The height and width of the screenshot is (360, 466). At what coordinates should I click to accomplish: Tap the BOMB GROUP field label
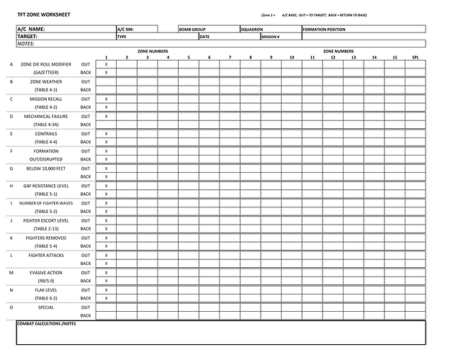coord(193,30)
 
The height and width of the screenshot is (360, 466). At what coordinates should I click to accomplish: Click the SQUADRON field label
coord(252,30)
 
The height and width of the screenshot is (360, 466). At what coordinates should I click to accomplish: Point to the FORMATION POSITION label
coord(324,30)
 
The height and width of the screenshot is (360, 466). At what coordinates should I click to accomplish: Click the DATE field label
coord(205,37)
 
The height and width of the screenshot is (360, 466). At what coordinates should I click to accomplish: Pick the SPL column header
coord(415,57)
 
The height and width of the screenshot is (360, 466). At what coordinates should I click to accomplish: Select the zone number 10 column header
coord(292,57)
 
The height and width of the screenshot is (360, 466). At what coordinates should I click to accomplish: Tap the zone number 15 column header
coord(394,57)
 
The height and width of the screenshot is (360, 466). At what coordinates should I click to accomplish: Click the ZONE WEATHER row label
coord(45,81)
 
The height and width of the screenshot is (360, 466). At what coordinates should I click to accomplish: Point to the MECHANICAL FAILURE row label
coord(45,116)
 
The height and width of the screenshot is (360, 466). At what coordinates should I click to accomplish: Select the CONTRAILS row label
coord(45,133)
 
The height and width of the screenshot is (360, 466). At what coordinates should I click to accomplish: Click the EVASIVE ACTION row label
coord(45,272)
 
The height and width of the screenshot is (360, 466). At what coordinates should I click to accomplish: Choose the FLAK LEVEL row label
coord(45,289)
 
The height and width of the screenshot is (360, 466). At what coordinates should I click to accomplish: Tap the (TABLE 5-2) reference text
coord(45,211)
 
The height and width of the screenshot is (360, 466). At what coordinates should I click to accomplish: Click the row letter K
coord(11,238)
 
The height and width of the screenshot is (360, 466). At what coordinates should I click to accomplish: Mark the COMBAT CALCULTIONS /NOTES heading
coord(46,324)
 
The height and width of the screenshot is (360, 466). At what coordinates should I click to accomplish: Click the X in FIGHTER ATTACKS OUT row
coord(106,255)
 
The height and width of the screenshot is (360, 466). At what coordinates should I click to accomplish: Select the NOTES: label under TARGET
coord(26,44)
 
